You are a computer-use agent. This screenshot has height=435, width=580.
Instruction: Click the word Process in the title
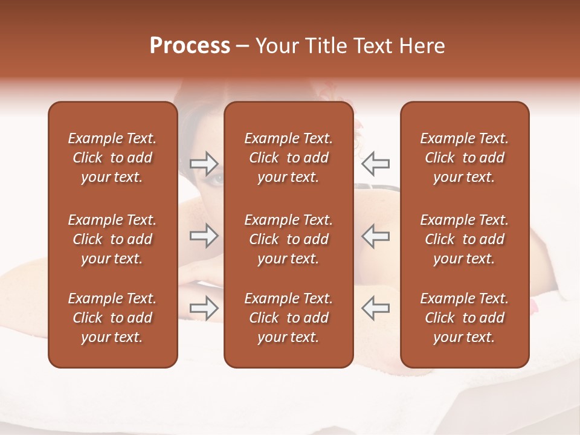click(190, 46)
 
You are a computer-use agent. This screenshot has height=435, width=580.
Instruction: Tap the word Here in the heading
click(421, 46)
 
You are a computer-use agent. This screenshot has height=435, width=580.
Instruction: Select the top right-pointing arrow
click(204, 163)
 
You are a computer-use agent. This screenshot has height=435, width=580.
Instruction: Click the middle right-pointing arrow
click(204, 236)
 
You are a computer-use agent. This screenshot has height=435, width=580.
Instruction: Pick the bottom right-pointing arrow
click(204, 308)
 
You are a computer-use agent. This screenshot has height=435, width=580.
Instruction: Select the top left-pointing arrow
click(376, 163)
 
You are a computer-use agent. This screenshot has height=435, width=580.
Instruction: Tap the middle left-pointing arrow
click(376, 236)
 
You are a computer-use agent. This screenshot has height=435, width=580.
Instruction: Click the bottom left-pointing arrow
click(376, 308)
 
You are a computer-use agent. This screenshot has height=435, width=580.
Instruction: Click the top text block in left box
click(112, 158)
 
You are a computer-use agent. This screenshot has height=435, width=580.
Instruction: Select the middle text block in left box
click(112, 239)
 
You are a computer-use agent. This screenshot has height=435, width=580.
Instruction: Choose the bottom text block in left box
click(112, 318)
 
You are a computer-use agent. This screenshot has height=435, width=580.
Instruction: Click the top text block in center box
click(288, 158)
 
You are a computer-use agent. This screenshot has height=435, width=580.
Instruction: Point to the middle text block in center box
click(288, 239)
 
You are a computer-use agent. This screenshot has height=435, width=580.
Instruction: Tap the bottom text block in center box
click(288, 318)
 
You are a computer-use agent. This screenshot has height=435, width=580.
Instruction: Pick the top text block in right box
click(464, 158)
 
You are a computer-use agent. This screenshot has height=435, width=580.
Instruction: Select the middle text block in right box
click(464, 239)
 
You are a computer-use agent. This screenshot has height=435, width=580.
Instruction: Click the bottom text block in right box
click(464, 318)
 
